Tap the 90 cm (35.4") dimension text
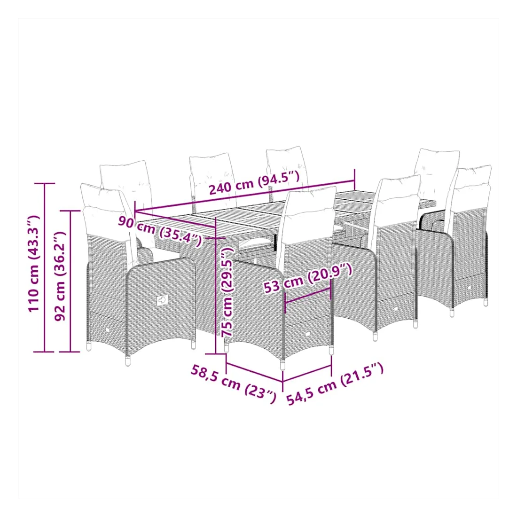click(160, 231)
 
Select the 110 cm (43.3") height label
click(34, 263)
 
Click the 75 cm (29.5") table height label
click(227, 292)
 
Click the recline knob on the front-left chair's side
click(162, 300)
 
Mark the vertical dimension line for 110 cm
click(45, 267)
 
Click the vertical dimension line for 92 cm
click(70, 281)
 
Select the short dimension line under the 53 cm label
click(308, 296)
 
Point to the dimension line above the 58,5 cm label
click(255, 372)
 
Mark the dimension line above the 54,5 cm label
click(307, 374)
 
